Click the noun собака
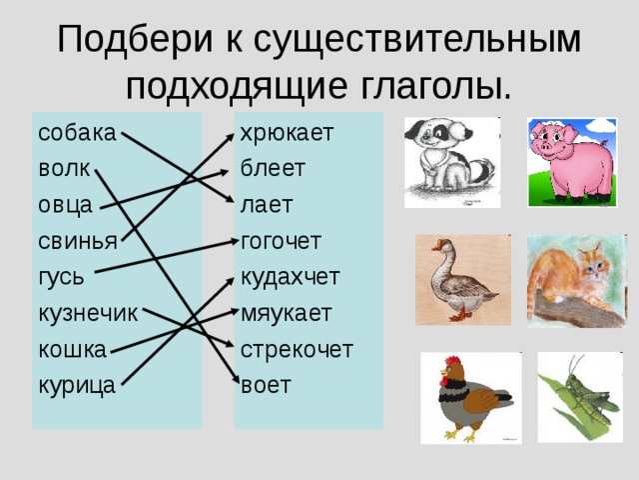(77, 133)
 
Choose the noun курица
(77, 384)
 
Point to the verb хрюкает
(287, 133)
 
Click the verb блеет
(273, 169)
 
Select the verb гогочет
(281, 241)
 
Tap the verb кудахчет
(290, 277)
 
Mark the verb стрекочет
(296, 349)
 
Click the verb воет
(266, 384)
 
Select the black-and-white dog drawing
(451, 162)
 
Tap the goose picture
(462, 280)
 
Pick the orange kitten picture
(574, 281)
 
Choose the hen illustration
(470, 397)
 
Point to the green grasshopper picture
(579, 397)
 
